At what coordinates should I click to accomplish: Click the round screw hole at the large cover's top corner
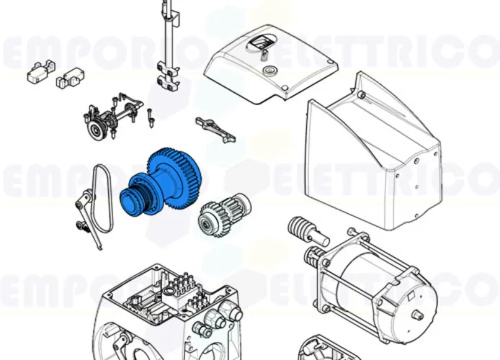(x=360, y=94)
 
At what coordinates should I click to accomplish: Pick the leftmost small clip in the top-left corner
(x=37, y=72)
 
